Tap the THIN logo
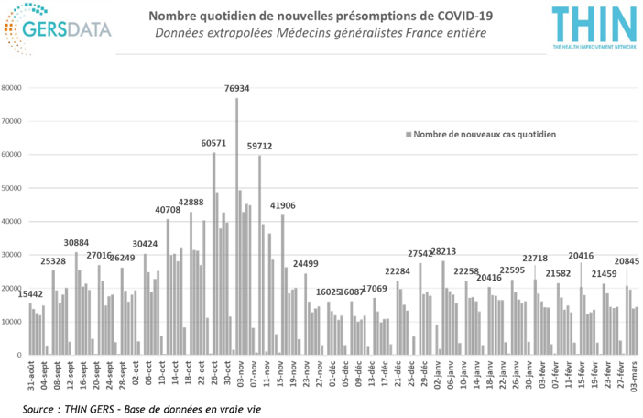coord(593,28)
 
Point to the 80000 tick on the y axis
coord(14,88)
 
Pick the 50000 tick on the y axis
coord(14,188)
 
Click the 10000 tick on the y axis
coord(14,322)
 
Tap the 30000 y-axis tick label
coord(14,255)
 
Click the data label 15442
coord(29,294)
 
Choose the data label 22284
coord(398,272)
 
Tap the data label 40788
coord(168,211)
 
